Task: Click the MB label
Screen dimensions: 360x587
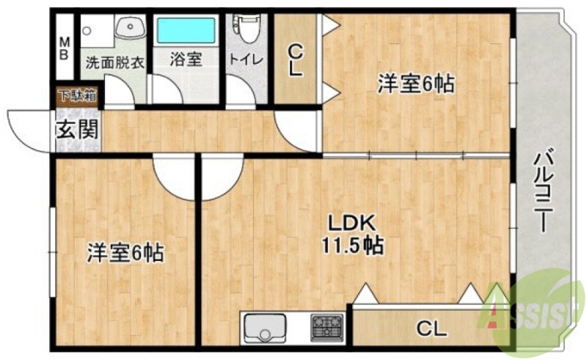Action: pyautogui.click(x=64, y=48)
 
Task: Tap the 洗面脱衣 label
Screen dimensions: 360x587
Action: pyautogui.click(x=114, y=62)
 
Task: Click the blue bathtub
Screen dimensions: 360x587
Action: pyautogui.click(x=186, y=32)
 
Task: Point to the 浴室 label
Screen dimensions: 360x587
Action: pyautogui.click(x=186, y=62)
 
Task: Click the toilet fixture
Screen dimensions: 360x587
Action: pyautogui.click(x=245, y=29)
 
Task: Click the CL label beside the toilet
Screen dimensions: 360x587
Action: pyautogui.click(x=295, y=60)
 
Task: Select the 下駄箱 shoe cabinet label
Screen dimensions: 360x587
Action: pyautogui.click(x=78, y=95)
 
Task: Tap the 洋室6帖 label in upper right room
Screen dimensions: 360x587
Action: pyautogui.click(x=415, y=84)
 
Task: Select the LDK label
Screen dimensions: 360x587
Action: pyautogui.click(x=351, y=222)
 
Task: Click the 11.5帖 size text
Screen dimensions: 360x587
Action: pyautogui.click(x=351, y=245)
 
